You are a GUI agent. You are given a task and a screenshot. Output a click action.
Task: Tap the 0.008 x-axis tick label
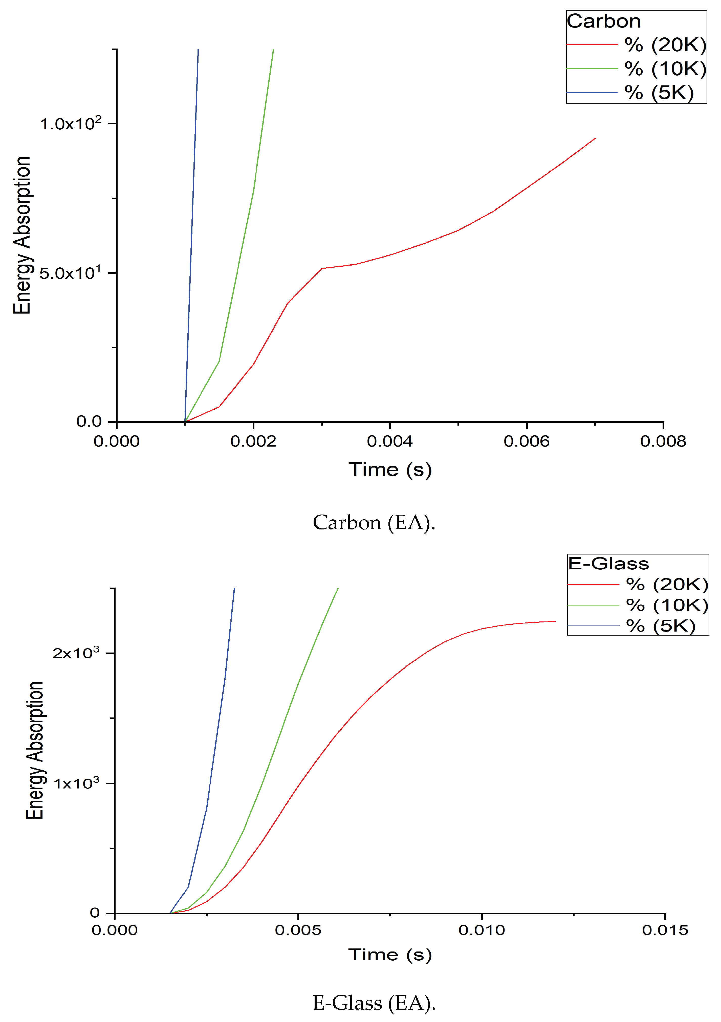pos(663,441)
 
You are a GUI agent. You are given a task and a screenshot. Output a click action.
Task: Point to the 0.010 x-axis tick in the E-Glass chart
pos(482,930)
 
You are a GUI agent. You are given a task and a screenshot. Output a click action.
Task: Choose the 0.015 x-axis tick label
pos(665,930)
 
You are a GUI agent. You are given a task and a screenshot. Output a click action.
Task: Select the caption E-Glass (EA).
pos(374,1003)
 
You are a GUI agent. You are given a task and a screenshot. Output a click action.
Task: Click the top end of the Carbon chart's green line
pos(273,50)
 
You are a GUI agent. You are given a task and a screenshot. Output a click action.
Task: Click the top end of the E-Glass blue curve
pos(234,589)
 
